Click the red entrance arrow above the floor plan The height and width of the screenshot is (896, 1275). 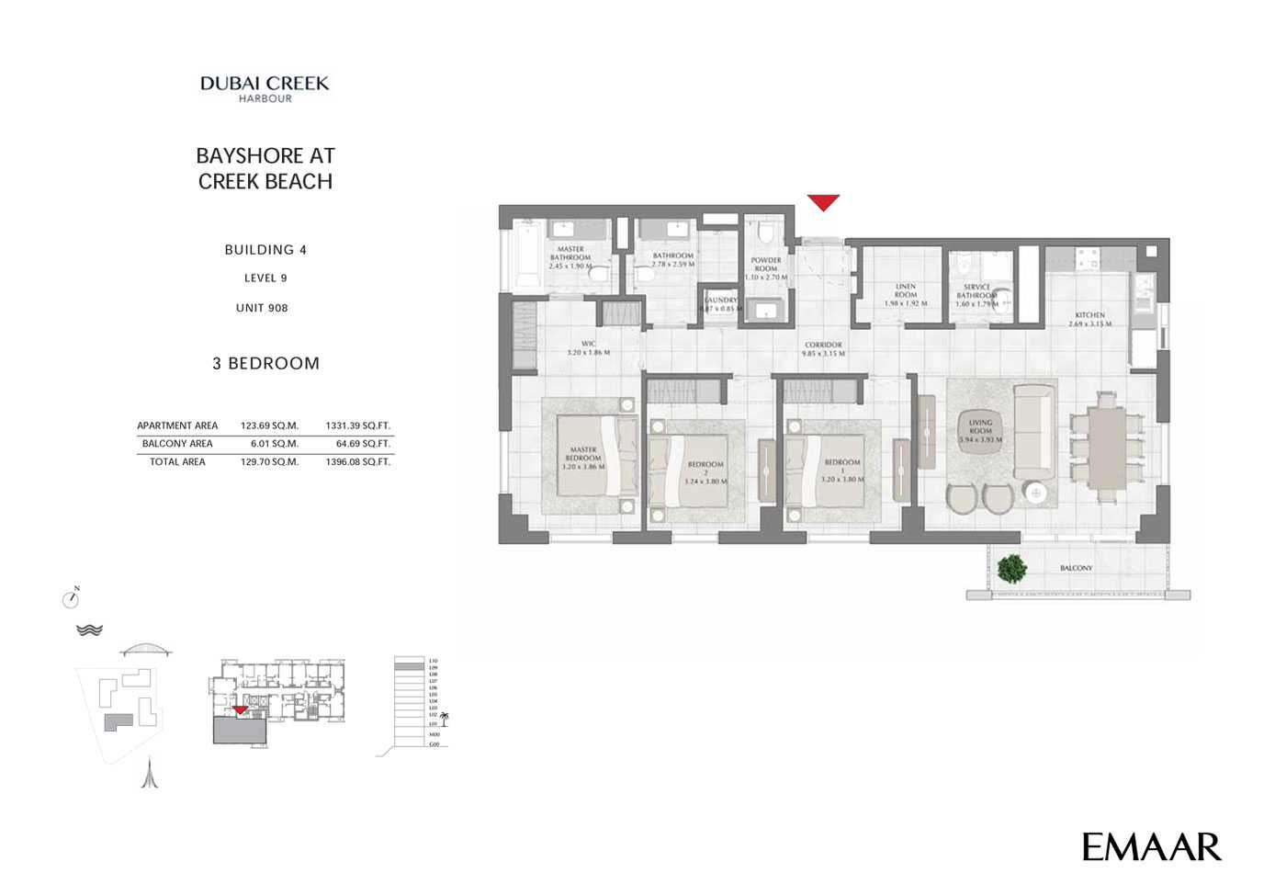823,202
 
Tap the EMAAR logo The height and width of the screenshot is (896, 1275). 1151,846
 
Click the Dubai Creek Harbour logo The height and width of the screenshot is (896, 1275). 265,88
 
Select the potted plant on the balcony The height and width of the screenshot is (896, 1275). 1011,569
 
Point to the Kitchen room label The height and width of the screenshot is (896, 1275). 1089,319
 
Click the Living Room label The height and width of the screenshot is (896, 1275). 980,430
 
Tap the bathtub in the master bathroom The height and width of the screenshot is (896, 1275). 527,256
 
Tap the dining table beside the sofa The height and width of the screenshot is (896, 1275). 1108,446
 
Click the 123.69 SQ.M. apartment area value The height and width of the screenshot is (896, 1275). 269,425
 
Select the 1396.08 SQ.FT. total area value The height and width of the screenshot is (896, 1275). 357,462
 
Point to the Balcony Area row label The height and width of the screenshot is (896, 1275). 177,444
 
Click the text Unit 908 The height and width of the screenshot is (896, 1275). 262,308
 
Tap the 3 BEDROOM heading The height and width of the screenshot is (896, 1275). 265,363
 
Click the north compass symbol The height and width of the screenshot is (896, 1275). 71,599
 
